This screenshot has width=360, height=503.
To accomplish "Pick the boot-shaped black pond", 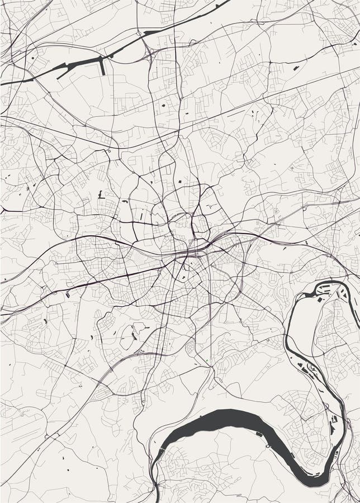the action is point(100,194).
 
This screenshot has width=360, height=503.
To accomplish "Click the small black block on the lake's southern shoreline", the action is point(259,433).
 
